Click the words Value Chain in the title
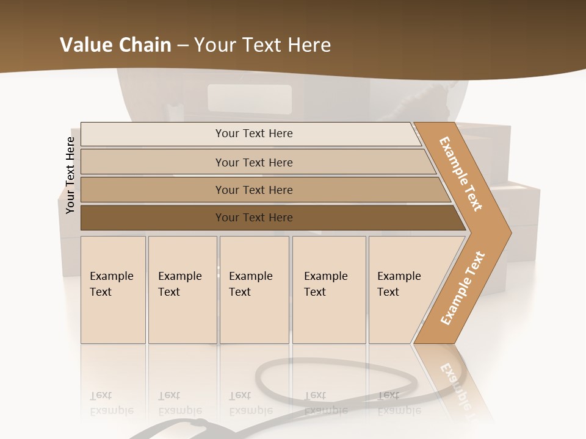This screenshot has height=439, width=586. (x=115, y=45)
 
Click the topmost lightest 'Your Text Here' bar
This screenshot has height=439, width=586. (x=253, y=134)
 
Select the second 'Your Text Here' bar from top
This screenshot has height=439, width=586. (x=253, y=162)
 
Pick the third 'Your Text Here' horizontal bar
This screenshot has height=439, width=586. (x=253, y=190)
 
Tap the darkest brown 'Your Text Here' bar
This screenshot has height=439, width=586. (x=253, y=218)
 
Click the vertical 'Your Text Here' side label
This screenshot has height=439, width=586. (x=70, y=175)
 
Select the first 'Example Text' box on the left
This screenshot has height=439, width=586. (x=113, y=290)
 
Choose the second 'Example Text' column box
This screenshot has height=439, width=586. (x=182, y=290)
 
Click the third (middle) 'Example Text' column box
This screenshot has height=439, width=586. (x=254, y=290)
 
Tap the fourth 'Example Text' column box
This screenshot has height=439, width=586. (x=328, y=290)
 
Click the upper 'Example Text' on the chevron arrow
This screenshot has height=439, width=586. (x=461, y=174)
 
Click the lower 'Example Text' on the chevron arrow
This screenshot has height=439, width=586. (x=462, y=288)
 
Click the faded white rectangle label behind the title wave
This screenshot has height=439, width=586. (x=249, y=98)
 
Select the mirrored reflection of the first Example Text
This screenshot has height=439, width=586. (x=112, y=404)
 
